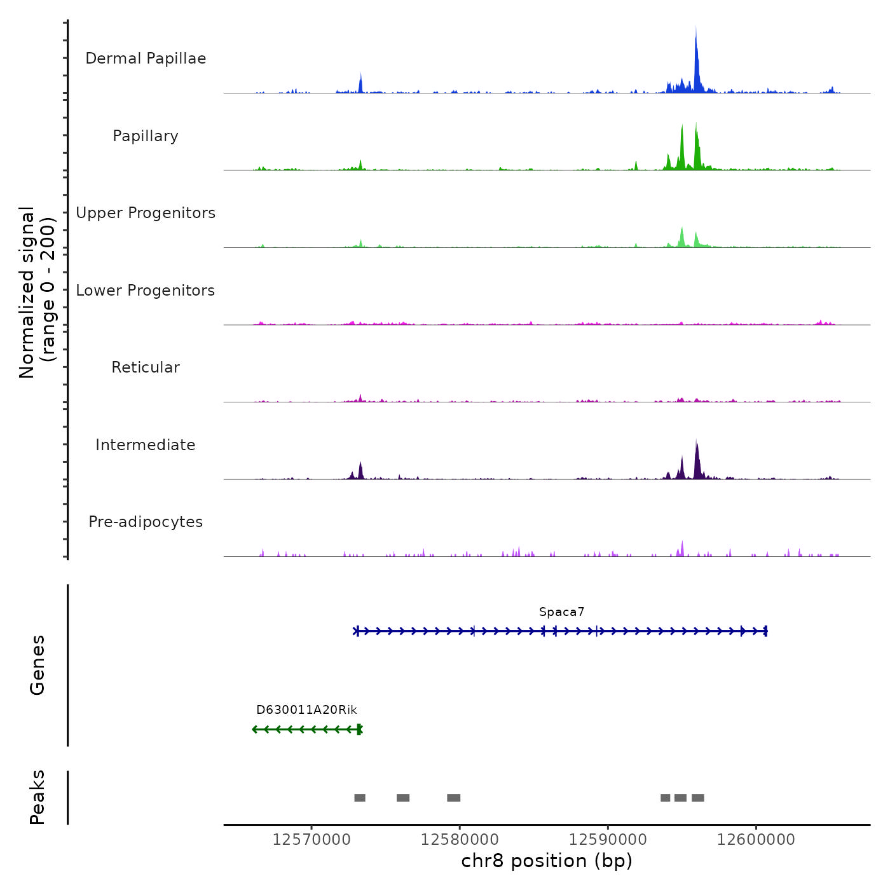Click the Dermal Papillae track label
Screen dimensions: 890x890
click(146, 58)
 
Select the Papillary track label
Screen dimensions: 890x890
click(146, 136)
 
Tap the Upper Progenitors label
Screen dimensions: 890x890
click(146, 213)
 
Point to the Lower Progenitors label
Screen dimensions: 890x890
click(146, 291)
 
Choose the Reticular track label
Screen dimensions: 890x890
click(146, 367)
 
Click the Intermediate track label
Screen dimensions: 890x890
click(146, 445)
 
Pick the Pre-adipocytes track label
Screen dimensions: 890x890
click(146, 522)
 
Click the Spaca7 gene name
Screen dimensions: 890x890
click(561, 612)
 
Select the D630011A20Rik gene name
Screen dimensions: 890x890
click(306, 710)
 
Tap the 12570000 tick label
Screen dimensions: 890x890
click(311, 840)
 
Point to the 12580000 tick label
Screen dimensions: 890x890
click(460, 840)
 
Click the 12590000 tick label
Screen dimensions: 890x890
click(608, 840)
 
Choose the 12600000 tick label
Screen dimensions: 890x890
click(756, 840)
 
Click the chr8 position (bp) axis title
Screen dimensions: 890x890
click(547, 861)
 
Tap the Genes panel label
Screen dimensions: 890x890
click(38, 665)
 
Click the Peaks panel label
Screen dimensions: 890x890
click(38, 797)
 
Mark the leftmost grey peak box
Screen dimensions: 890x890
click(360, 798)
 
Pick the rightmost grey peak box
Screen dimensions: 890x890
click(698, 798)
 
